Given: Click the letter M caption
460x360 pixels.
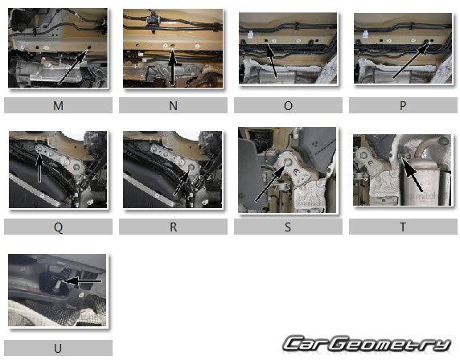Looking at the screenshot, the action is click(x=58, y=105).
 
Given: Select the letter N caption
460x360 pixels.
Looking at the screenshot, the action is click(x=173, y=105).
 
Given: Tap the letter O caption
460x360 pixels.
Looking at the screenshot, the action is click(x=288, y=105).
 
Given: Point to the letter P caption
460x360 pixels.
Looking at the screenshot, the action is click(x=403, y=105).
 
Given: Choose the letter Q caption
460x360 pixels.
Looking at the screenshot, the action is click(x=58, y=227).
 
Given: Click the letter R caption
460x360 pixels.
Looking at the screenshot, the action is click(x=173, y=227).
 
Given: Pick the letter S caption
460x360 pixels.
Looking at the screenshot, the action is click(x=288, y=227).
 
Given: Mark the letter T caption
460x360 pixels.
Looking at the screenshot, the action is click(x=403, y=227).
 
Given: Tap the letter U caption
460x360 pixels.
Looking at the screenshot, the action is click(x=58, y=348).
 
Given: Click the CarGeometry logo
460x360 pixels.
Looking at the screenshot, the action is click(x=367, y=344).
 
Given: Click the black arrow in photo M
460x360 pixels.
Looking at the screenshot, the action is click(x=72, y=67).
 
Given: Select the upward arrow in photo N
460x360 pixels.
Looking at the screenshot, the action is click(x=172, y=68).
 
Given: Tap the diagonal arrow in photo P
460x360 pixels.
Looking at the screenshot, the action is click(x=410, y=61).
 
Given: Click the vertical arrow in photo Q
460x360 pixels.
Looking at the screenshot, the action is click(x=39, y=167).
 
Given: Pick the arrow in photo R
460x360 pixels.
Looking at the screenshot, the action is click(x=182, y=183).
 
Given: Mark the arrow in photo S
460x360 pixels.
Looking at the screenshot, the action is click(x=270, y=183).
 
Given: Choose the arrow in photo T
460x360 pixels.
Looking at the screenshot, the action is click(x=412, y=175).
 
